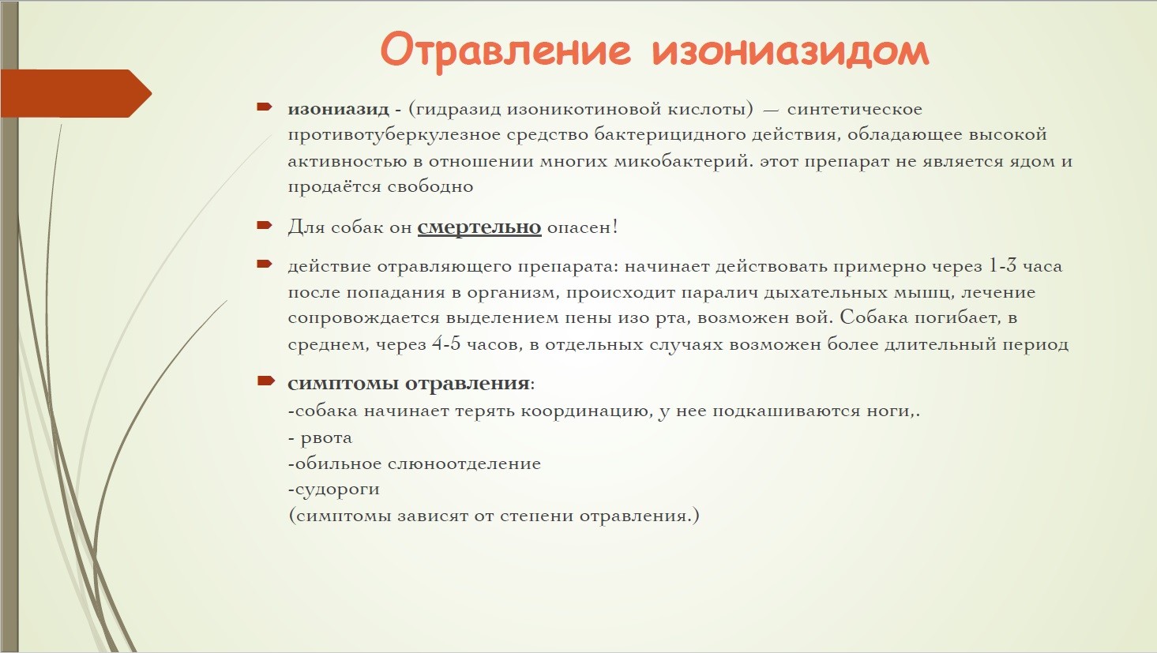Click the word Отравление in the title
point(505,51)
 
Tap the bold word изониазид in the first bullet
point(338,109)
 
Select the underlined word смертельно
point(479,227)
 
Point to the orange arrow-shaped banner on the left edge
point(76,93)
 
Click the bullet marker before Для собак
point(265,225)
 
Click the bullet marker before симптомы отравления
point(265,381)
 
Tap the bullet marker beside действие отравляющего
point(265,264)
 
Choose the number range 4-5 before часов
point(445,343)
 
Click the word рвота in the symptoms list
point(326,438)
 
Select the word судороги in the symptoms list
point(337,489)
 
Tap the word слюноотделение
point(464,463)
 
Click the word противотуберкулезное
point(394,135)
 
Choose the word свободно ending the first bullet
point(430,186)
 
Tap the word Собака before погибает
point(874,317)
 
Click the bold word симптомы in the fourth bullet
point(343,383)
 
